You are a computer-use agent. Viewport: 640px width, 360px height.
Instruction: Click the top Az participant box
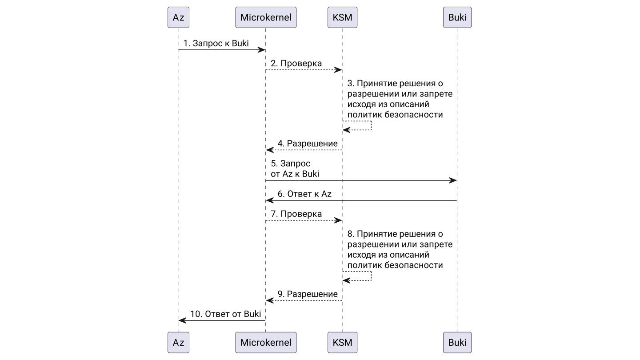pos(178,18)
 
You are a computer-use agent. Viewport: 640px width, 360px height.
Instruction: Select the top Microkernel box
pos(266,18)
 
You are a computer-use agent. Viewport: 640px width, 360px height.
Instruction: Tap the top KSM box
pos(342,18)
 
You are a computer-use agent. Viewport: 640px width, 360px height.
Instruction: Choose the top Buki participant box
pos(457,18)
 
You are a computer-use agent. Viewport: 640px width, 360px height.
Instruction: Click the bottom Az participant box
pos(178,342)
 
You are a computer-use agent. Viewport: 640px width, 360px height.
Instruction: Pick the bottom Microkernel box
pos(266,342)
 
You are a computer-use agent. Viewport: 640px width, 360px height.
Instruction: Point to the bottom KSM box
pos(342,342)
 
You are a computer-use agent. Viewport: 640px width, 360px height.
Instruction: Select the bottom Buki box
pos(457,342)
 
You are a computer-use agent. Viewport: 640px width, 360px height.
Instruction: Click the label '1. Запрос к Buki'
pos(216,44)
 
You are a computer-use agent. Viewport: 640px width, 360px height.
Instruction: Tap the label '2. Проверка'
pos(296,64)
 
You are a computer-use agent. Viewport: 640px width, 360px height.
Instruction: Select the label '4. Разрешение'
pos(308,144)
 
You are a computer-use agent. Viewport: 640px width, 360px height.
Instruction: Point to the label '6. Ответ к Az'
pos(304,194)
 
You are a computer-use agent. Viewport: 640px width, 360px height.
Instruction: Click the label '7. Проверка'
pos(296,214)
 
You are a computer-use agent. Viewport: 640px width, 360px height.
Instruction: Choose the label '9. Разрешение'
pos(308,294)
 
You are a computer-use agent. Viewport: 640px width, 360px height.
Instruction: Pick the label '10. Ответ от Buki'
pos(225,314)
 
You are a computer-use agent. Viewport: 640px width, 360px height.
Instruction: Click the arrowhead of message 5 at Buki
pos(453,180)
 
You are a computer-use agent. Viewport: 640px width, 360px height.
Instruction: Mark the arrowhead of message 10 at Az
pos(182,320)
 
